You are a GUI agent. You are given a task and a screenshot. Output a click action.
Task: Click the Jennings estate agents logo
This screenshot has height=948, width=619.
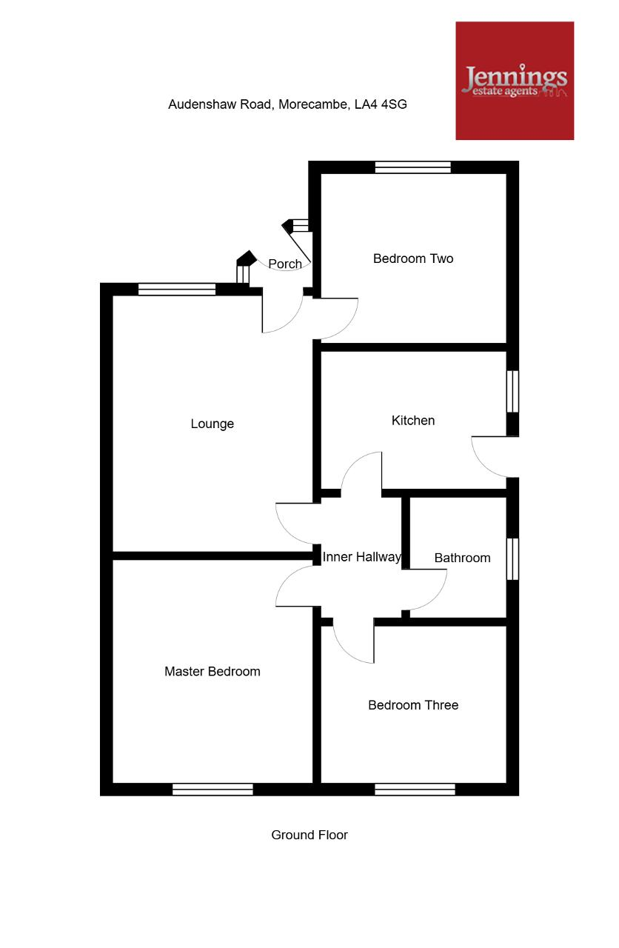515,81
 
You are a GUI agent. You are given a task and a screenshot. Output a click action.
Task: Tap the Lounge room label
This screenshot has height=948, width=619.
212,424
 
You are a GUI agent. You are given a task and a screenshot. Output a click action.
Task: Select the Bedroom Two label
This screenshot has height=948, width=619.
413,258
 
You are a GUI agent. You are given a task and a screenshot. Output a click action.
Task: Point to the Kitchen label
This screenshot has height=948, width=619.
413,420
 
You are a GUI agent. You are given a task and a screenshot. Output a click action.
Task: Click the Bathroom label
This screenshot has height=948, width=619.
463,558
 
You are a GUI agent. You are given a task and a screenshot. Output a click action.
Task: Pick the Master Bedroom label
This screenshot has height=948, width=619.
212,671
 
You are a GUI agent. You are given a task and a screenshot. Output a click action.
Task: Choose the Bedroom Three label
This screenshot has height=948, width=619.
413,705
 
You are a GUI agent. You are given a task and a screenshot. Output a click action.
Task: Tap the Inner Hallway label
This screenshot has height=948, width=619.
362,557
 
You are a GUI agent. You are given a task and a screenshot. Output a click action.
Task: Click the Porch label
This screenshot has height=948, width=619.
285,264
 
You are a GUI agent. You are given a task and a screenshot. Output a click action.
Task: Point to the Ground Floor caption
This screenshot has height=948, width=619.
309,835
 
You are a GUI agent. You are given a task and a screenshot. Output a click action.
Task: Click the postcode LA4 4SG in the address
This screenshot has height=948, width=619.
381,104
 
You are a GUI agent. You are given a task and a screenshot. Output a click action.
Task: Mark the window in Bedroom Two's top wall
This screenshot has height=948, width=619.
413,167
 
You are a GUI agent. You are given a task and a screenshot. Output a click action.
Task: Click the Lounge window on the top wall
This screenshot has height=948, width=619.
177,290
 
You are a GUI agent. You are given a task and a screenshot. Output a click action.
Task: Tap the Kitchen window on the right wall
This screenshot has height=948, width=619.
512,392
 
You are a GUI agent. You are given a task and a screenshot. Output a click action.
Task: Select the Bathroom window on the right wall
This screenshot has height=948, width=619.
512,558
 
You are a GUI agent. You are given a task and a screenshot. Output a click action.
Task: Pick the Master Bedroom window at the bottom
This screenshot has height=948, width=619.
213,790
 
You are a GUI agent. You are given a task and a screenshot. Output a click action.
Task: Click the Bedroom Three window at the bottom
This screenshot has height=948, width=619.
415,790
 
